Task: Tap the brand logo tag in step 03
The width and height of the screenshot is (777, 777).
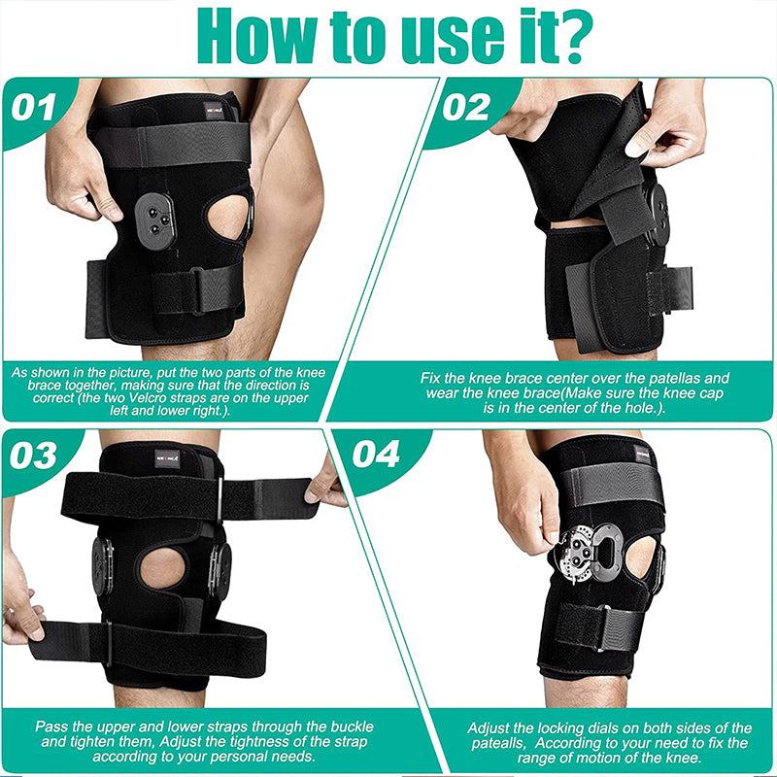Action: tap(168, 456)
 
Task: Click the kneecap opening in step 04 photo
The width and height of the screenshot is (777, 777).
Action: tap(639, 556)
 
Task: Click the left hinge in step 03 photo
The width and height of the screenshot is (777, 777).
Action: tap(102, 566)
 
